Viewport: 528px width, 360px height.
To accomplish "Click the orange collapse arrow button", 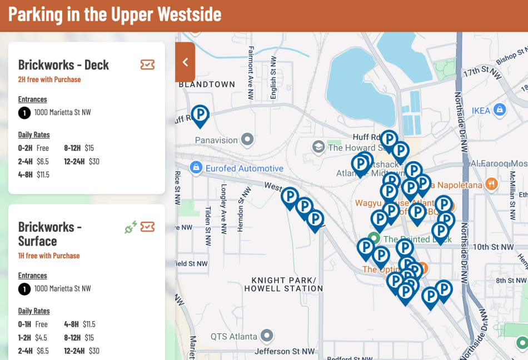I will point(185,62).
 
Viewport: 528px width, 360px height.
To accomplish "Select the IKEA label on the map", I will point(481,111).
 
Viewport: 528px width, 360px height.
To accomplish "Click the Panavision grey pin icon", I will point(247,139).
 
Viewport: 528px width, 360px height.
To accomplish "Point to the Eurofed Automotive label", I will point(245,168).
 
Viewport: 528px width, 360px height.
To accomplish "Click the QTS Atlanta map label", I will point(233,337).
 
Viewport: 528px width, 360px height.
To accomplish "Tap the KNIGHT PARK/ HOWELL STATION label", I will point(287,284).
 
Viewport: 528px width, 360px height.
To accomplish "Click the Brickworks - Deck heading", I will point(63,65).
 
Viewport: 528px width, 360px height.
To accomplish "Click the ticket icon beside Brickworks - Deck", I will point(147,65).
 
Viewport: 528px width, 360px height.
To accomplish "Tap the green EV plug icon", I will point(131,227).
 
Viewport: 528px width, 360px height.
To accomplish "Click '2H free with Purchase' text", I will point(49,79).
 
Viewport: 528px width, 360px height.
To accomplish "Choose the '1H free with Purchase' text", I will point(49,256).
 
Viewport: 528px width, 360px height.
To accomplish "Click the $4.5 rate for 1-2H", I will point(42,338).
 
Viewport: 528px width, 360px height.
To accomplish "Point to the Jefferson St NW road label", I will point(285,351).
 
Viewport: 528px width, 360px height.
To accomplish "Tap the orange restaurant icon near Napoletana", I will point(491,183).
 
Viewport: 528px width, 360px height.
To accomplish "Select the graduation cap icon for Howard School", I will point(318,147).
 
